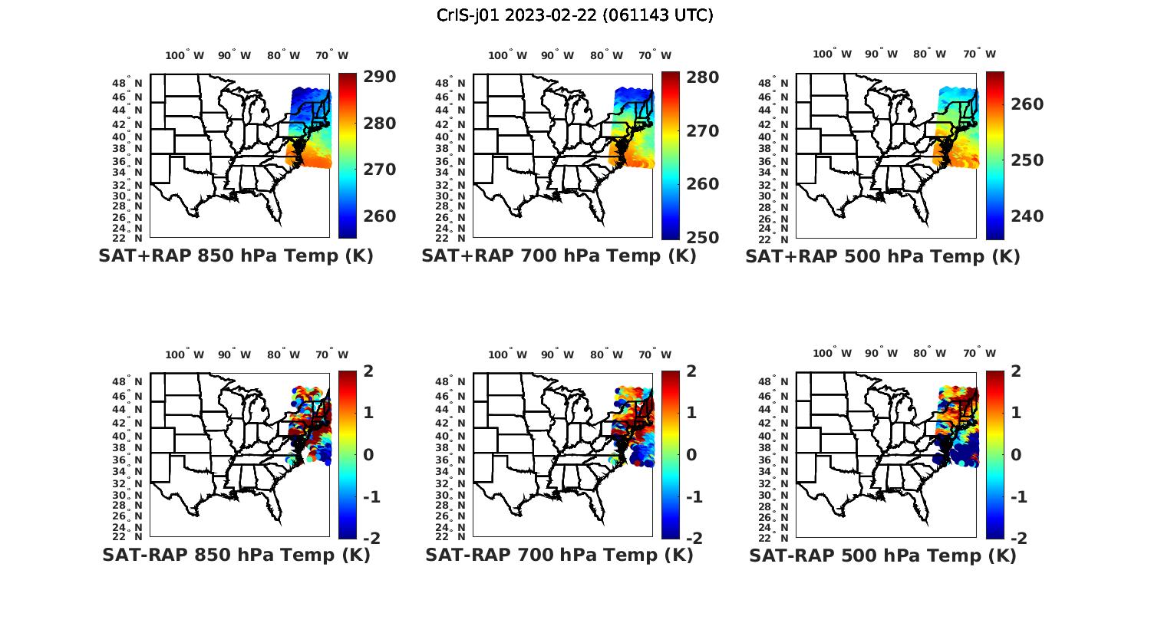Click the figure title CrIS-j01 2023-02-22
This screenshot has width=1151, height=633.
[x=575, y=15]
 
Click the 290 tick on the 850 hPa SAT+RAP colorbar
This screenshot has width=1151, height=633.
[x=379, y=77]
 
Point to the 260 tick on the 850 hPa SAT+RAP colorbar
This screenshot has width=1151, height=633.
[x=379, y=216]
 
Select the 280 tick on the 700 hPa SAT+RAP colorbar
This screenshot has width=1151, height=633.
[x=702, y=77]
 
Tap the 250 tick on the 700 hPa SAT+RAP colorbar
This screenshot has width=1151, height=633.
[x=702, y=238]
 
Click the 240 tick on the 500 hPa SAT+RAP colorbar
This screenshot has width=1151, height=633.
[x=1027, y=216]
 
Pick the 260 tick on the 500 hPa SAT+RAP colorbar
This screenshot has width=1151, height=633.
[x=1027, y=104]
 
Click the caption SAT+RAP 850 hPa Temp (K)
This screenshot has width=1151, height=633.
[x=236, y=256]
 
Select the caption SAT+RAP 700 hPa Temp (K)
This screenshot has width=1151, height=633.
[x=559, y=256]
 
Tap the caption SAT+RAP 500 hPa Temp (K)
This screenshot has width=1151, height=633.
[x=882, y=256]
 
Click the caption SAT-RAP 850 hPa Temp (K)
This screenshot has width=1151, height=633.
[x=236, y=555]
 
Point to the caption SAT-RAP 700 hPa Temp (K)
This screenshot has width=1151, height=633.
[x=559, y=555]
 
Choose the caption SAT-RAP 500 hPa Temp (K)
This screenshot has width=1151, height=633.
[x=882, y=555]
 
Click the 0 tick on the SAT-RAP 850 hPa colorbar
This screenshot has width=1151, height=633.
[x=368, y=454]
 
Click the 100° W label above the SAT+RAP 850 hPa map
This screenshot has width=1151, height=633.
[x=185, y=55]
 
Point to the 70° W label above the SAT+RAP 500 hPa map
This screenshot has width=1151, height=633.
[x=980, y=54]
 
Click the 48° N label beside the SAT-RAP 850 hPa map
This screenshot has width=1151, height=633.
[x=128, y=381]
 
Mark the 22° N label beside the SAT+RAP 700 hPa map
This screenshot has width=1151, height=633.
[x=451, y=238]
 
